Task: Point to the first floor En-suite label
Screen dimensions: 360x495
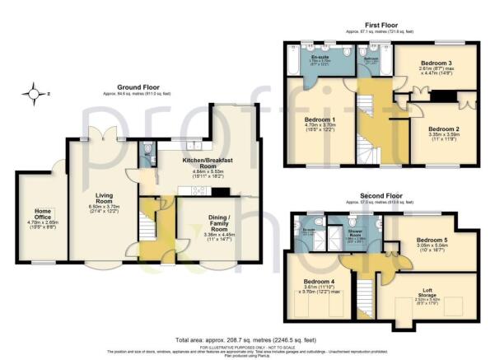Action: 307,57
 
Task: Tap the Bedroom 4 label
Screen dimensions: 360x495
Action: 308,286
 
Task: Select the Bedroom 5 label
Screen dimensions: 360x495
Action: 434,241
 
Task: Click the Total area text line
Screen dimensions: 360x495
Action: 247,339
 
